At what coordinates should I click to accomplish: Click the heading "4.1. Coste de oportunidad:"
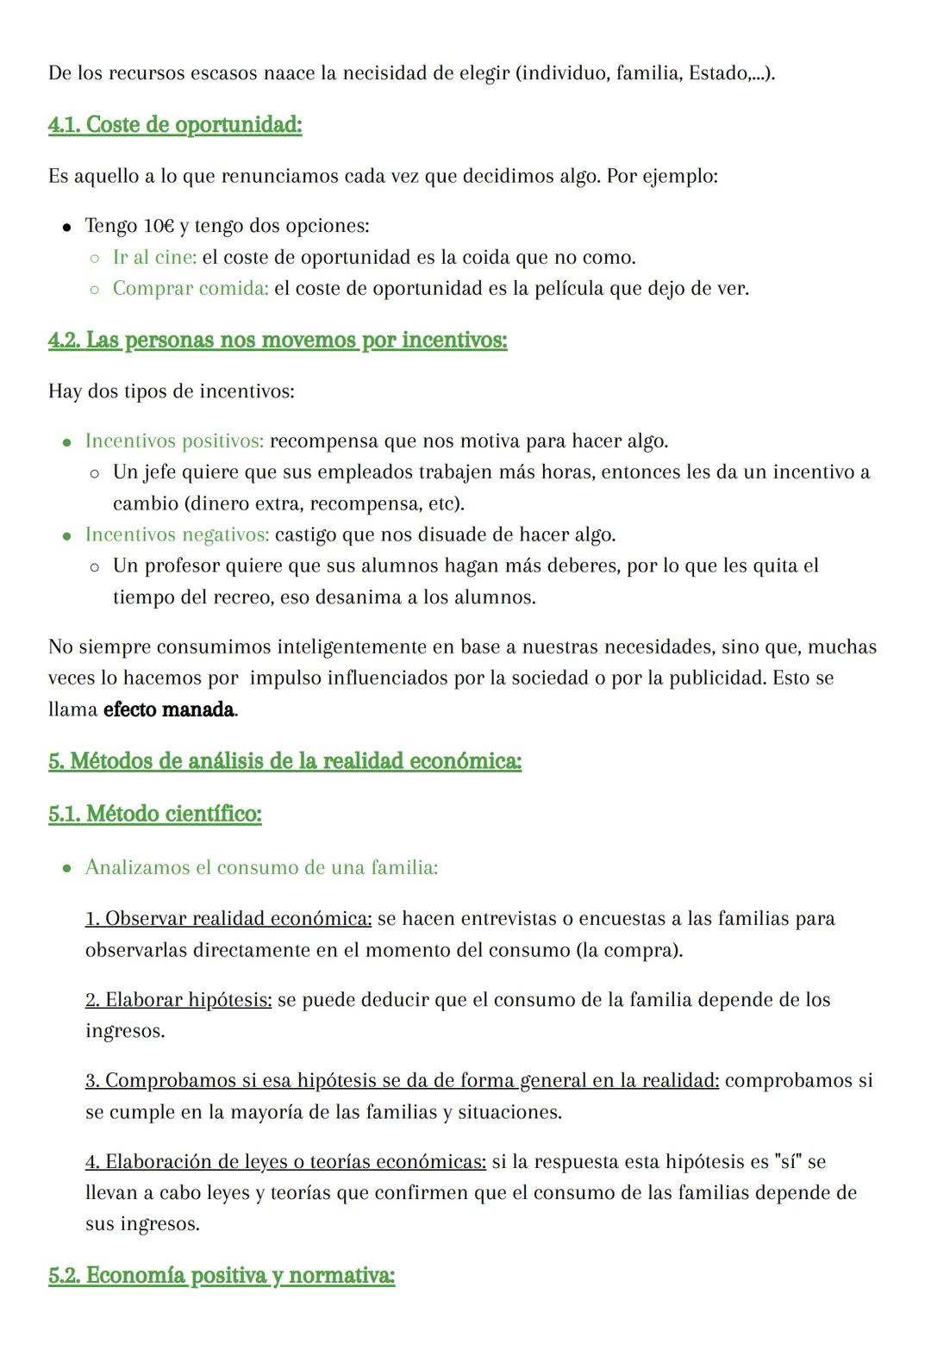point(175,125)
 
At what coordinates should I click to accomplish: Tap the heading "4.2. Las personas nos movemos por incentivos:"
point(278,341)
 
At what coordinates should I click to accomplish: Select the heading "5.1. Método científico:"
point(155,814)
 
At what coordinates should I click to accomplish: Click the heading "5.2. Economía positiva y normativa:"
point(222,1276)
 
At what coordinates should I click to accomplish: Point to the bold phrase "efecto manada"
point(169,710)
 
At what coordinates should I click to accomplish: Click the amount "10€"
point(159,226)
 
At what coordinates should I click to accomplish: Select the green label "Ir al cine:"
point(154,257)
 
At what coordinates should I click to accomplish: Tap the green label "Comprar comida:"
point(191,288)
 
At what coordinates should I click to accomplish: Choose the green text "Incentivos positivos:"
point(174,441)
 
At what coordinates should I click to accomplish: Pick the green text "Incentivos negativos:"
point(177,534)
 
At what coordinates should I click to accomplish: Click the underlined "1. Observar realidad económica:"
point(228,919)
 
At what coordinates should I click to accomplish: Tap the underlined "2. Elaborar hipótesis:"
point(178,1000)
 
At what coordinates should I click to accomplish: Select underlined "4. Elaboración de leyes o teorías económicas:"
point(285,1162)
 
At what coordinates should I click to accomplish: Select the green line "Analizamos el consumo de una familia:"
point(261,867)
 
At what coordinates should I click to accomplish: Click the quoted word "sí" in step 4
point(788,1162)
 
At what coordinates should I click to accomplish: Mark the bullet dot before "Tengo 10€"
point(66,228)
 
